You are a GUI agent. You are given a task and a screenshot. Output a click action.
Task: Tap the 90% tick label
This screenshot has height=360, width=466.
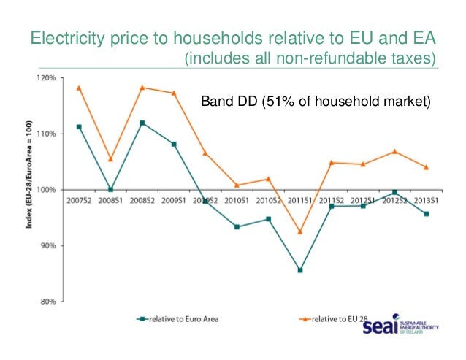[x=47, y=246]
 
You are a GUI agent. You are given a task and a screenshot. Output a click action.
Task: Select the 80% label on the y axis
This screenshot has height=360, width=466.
[x=47, y=302]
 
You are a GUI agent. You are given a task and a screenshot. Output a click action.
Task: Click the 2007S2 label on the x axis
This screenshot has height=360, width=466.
[x=79, y=199]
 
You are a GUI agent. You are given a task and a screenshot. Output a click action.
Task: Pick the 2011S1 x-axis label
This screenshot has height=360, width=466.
[x=300, y=199]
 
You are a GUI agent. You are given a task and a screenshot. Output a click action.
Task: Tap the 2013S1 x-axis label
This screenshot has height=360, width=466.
[x=426, y=199]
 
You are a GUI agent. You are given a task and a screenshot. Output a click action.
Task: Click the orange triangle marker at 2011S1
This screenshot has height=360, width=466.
[x=300, y=231]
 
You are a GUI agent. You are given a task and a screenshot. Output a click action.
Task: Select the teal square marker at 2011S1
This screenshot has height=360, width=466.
[x=300, y=270]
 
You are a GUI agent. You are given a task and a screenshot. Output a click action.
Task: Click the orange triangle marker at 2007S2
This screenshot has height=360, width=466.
[x=79, y=88]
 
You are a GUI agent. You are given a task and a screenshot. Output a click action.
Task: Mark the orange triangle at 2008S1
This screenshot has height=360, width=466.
[x=110, y=158]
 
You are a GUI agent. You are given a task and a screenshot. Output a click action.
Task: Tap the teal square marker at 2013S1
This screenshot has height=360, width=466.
[x=426, y=214]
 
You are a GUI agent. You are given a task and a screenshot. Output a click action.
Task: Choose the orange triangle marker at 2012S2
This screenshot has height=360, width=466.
[x=394, y=151]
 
